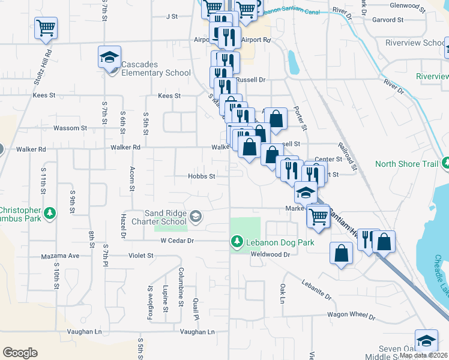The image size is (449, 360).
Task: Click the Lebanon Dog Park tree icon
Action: click(x=237, y=242)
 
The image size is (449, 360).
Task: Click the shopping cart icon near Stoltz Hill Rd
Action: click(x=46, y=28)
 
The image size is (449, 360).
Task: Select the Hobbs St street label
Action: click(x=202, y=176)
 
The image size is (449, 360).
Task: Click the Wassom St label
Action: click(x=70, y=128)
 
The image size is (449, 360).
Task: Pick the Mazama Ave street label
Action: click(x=60, y=256)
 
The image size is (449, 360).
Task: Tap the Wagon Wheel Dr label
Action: click(x=351, y=315)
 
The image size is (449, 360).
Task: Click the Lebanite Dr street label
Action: click(x=316, y=287)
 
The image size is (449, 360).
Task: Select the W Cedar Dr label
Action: click(x=177, y=241)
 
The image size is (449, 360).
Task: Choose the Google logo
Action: click(x=20, y=353)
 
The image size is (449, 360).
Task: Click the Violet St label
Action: click(x=141, y=255)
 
